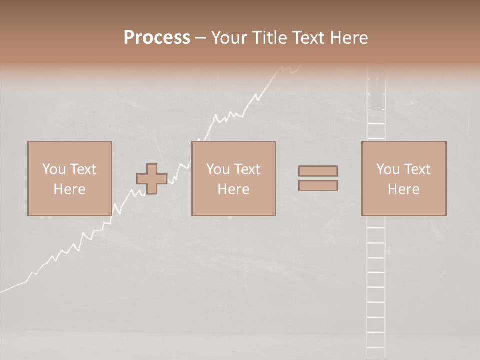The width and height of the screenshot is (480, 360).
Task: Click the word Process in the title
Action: click(157, 38)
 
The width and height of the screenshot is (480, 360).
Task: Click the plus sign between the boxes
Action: click(152, 179)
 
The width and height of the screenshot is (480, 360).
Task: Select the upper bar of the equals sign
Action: click(318, 171)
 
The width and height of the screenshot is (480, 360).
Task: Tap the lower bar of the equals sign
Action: click(318, 185)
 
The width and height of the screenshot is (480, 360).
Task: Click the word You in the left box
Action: click(54, 169)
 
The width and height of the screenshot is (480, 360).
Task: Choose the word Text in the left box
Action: click(83, 169)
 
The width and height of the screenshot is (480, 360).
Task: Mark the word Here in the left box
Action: click(69, 189)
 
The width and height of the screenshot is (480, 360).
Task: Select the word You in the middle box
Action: click(218, 169)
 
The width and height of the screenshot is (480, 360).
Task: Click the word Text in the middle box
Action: click(247, 169)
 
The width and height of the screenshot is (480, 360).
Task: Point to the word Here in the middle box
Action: click(233, 189)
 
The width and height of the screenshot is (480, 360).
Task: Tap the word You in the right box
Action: click(388, 169)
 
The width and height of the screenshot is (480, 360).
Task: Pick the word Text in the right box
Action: click(417, 169)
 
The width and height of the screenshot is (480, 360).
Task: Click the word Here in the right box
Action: click(403, 189)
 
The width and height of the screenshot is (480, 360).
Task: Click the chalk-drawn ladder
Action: click(376, 280)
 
